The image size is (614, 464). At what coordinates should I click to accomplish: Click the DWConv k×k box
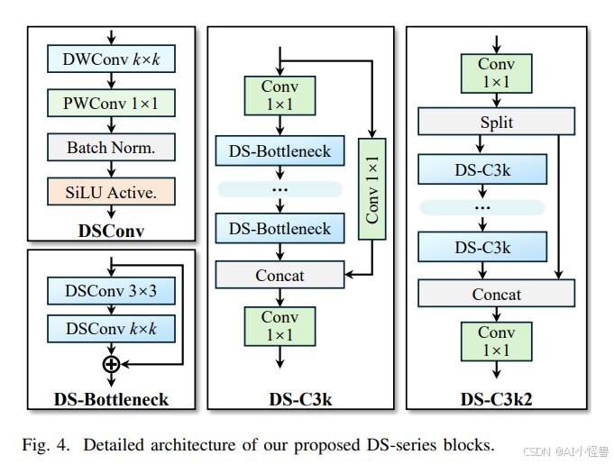pyautogui.click(x=110, y=59)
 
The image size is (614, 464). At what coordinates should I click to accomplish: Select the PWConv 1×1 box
pyautogui.click(x=110, y=104)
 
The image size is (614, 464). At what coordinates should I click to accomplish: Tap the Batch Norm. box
pyautogui.click(x=110, y=147)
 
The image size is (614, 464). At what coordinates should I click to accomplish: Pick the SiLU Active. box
pyautogui.click(x=110, y=191)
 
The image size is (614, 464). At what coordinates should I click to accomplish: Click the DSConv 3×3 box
pyautogui.click(x=110, y=292)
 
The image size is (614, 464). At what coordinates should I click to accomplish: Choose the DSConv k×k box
pyautogui.click(x=110, y=329)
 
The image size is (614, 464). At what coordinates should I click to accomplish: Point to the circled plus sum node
pyautogui.click(x=111, y=364)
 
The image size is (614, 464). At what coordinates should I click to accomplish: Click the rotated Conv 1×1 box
pyautogui.click(x=371, y=189)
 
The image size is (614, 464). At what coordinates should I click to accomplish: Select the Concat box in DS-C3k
pyautogui.click(x=280, y=276)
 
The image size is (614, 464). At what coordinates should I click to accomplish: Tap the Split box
pyautogui.click(x=496, y=122)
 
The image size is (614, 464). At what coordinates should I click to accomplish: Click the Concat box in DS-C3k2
pyautogui.click(x=496, y=294)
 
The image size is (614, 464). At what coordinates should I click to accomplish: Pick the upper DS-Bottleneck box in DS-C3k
pyautogui.click(x=280, y=151)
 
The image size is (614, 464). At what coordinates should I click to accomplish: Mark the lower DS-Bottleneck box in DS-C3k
pyautogui.click(x=280, y=228)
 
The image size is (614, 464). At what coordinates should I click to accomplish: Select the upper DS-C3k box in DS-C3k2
pyautogui.click(x=482, y=168)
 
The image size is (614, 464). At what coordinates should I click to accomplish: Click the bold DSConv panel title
pyautogui.click(x=110, y=231)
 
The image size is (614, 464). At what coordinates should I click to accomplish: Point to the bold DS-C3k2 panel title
pyautogui.click(x=496, y=398)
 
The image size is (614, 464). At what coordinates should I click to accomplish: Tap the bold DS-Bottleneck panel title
pyautogui.click(x=110, y=398)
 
